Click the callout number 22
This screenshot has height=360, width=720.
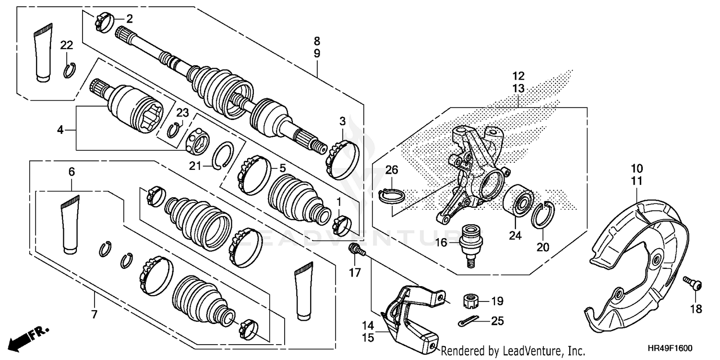coord(67,45)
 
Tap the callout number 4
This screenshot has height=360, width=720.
coord(60,130)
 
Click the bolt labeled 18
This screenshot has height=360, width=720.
coord(691,284)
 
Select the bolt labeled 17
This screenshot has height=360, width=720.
coord(356,249)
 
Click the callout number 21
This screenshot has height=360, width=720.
coord(208,166)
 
